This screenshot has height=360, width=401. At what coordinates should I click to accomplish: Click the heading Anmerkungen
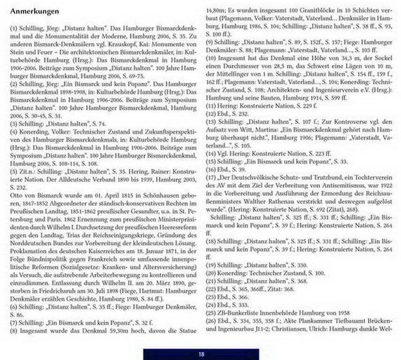34,10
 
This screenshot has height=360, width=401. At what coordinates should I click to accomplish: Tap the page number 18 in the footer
201,354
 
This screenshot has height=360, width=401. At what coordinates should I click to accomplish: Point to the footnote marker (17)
212,179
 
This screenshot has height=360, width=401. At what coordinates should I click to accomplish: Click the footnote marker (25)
212,312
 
